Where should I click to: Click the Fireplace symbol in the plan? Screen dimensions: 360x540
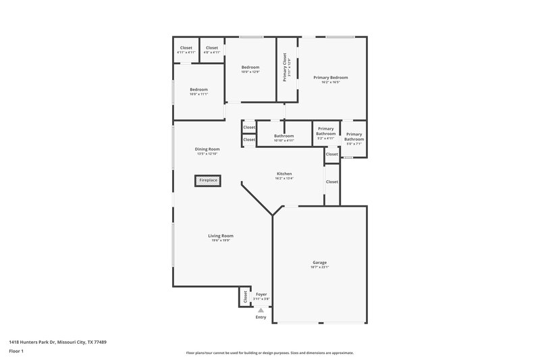tap(208, 180)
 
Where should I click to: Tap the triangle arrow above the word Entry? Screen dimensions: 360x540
tap(261, 310)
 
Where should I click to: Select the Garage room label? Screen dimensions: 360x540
tap(319, 261)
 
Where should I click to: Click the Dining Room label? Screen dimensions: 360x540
tap(207, 149)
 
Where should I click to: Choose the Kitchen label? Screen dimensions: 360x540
tap(283, 174)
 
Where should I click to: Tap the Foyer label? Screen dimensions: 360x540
tap(261, 294)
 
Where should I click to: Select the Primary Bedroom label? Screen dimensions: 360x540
tap(331, 78)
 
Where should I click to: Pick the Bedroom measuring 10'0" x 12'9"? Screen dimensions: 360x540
tap(250, 68)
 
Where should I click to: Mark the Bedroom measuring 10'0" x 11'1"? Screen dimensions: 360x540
tap(198, 90)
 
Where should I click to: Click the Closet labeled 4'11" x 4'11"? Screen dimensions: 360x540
tap(186, 48)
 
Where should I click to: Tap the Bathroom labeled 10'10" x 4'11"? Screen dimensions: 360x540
tap(283, 136)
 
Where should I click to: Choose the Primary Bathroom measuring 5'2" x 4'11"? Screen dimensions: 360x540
tap(326, 131)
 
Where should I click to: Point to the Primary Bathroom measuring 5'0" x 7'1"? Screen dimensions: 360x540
tap(354, 136)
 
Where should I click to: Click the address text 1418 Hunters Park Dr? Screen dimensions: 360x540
tap(57, 342)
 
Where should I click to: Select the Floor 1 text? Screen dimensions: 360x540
tap(17, 352)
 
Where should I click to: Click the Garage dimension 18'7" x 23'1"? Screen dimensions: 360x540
tap(319, 268)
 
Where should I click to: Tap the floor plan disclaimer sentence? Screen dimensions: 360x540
tap(270, 353)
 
